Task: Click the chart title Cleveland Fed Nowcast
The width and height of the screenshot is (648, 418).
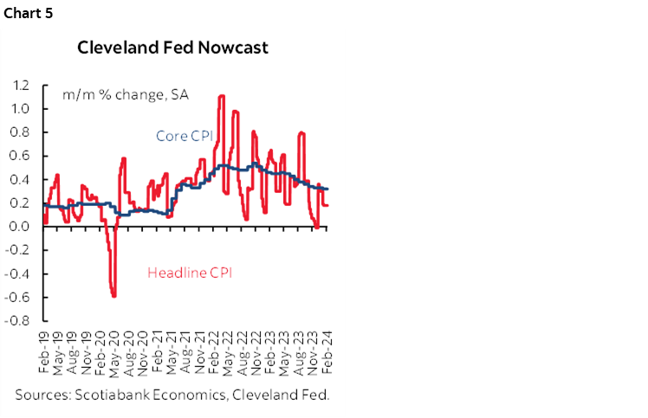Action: coord(173,48)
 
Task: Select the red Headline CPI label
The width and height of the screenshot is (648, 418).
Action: coord(191,272)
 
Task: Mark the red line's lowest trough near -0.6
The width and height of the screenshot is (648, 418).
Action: coord(114,296)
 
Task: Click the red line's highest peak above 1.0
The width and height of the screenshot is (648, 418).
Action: coord(222,96)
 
